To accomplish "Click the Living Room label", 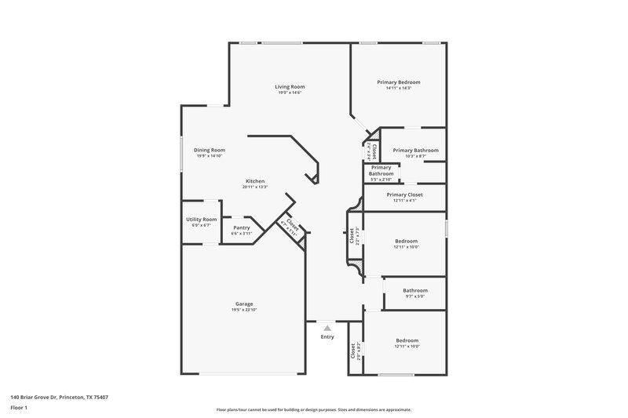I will (290, 86).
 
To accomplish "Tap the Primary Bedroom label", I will (398, 82).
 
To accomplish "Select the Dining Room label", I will (210, 150).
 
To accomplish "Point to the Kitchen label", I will (255, 181).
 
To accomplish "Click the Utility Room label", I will (201, 220).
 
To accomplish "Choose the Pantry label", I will (241, 227).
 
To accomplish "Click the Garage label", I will (244, 304).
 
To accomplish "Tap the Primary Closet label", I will (404, 194).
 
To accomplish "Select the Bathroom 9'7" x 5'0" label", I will (415, 290).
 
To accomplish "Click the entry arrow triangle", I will (327, 328).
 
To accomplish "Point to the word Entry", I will (327, 337).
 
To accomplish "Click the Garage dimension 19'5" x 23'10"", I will (244, 310).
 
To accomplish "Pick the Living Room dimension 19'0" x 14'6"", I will (290, 93).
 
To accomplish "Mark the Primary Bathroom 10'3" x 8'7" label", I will (415, 151).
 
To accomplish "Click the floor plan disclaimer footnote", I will (313, 409).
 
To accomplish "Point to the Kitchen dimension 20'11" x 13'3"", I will (255, 187).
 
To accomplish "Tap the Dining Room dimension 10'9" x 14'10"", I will (210, 156).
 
